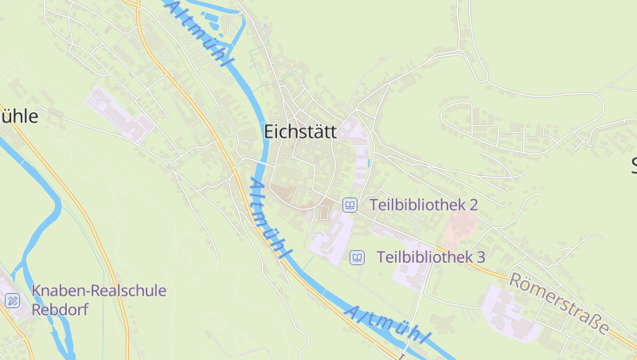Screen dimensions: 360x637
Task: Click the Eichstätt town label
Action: [x=300, y=132]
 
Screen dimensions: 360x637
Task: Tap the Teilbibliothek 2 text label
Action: [x=423, y=205]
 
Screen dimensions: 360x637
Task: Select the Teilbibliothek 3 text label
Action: [x=430, y=257]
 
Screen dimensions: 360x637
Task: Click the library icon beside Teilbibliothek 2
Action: [x=350, y=205]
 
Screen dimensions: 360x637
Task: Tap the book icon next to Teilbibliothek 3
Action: [x=358, y=257]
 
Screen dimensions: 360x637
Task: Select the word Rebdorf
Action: [x=57, y=309]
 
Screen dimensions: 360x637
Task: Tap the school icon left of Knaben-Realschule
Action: [x=12, y=300]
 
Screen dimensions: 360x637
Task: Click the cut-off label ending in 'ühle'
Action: [x=19, y=116]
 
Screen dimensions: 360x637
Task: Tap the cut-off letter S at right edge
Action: [x=632, y=166]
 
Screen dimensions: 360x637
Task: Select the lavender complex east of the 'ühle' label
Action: [x=118, y=114]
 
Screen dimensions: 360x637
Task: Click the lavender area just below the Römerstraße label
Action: [x=510, y=315]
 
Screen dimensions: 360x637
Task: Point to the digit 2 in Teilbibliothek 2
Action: [x=473, y=205]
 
